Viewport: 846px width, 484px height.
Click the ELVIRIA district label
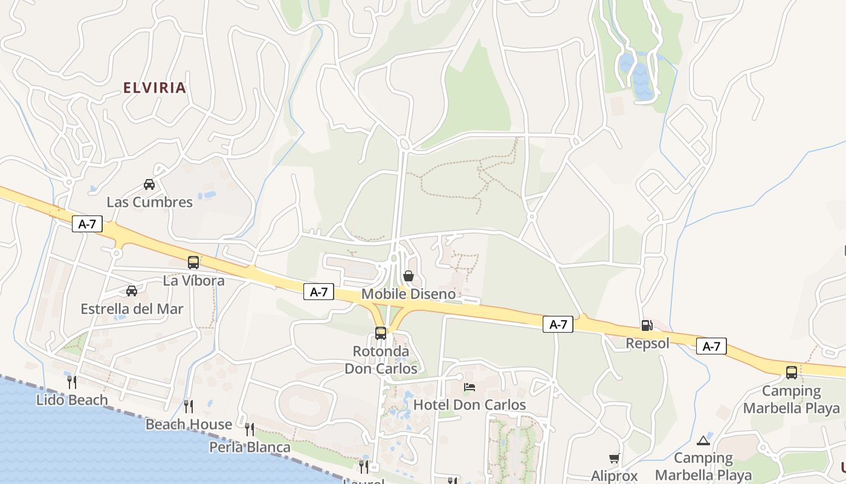coord(154,88)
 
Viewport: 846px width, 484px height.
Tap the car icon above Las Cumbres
coord(149,184)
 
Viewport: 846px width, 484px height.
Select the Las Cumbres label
coord(149,202)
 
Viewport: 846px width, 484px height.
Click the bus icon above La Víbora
coord(193,263)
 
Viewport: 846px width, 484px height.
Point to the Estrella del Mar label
coord(132,309)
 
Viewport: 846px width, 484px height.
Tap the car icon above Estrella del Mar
coord(132,291)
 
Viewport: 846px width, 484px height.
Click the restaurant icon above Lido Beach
coord(71,382)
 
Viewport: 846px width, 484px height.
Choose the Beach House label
coord(189,425)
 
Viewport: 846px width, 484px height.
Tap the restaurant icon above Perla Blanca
coord(250,430)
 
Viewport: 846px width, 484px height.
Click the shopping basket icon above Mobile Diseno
coord(408,276)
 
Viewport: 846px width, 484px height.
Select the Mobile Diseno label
coord(408,295)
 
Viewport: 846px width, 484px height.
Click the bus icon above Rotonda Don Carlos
coord(381,333)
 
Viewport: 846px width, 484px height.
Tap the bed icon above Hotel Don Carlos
coord(470,387)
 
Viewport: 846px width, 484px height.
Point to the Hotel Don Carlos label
coord(470,405)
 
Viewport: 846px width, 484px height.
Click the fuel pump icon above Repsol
coord(647,325)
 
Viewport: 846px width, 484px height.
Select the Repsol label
coord(647,344)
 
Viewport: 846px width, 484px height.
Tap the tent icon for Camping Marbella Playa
coord(702,440)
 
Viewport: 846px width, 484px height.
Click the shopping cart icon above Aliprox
coord(614,459)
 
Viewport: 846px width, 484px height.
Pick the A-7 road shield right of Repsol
coord(711,346)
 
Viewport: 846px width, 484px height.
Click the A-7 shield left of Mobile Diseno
coord(318,292)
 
